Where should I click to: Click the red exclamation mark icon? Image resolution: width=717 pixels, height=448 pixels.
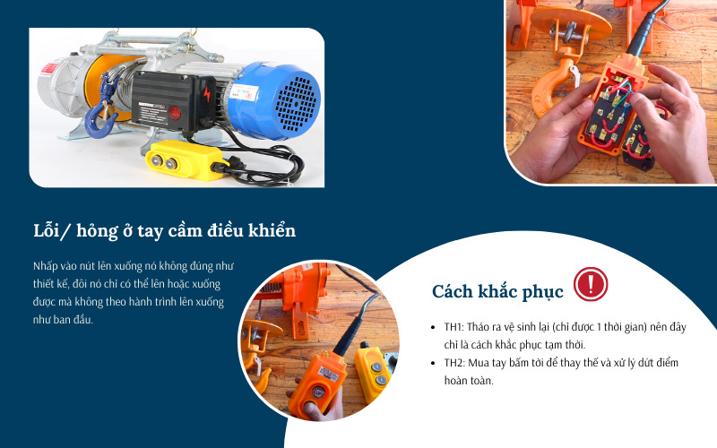591,284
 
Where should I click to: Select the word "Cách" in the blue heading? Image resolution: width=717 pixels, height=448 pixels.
454,291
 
